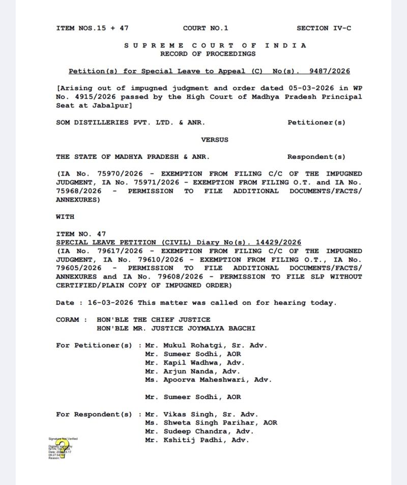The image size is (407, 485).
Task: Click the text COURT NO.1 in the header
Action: tap(206, 28)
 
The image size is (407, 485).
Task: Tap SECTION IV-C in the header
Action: tap(324, 28)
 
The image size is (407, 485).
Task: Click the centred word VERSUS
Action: tap(215, 139)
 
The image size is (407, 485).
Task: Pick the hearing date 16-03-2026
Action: tap(110, 303)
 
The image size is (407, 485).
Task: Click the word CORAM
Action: tap(68, 320)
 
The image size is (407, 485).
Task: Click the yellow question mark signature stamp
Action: tap(62, 448)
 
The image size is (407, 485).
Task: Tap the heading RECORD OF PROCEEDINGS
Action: tap(208, 54)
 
